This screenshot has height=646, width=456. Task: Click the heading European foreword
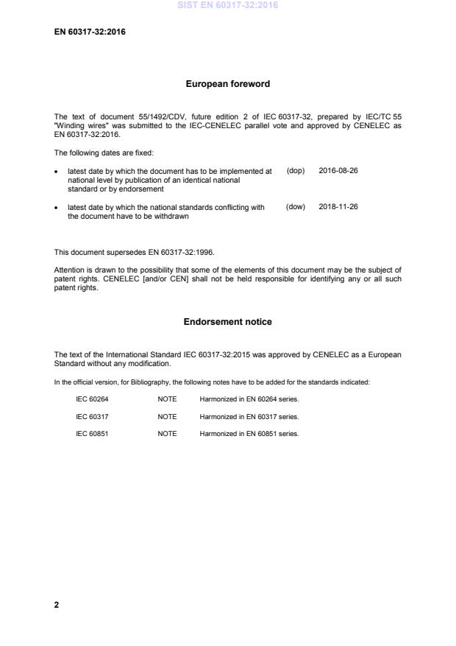point(227,84)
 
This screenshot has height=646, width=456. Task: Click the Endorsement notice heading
point(227,322)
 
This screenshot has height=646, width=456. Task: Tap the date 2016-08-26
point(338,170)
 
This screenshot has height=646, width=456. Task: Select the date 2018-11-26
point(338,207)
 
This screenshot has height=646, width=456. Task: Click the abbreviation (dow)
point(296,207)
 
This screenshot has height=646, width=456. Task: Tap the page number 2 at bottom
point(57,605)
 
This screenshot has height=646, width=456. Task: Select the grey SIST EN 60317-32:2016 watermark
point(227,6)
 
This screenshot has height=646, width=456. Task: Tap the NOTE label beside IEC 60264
point(167,399)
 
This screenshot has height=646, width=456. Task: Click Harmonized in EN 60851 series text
point(249,434)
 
